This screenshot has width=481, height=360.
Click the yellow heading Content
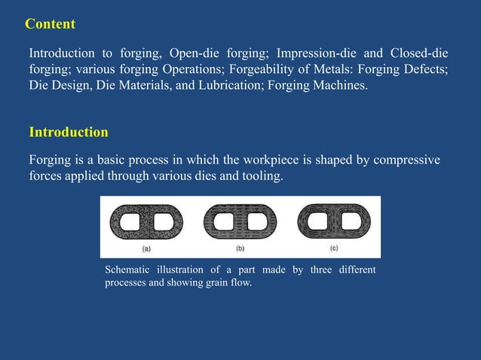51,24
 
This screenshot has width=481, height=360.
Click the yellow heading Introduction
69,133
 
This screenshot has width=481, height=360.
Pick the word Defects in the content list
427,70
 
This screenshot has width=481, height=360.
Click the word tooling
257,177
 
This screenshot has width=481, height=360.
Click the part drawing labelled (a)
146,222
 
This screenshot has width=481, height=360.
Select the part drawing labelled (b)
240,222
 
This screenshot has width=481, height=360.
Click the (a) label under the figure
146,249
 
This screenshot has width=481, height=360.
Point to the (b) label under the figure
240,249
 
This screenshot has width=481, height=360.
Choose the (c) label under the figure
333,248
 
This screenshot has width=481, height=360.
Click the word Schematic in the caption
127,270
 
